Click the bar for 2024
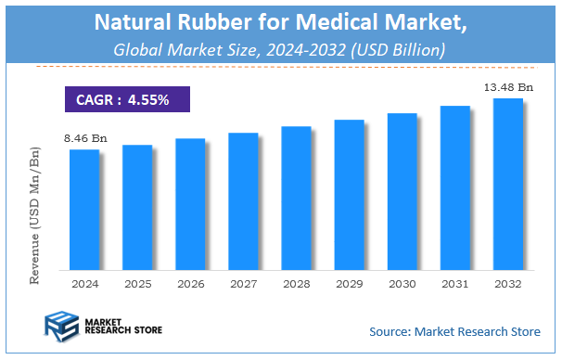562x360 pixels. click(83, 209)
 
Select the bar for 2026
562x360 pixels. click(190, 203)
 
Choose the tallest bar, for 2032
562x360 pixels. click(507, 183)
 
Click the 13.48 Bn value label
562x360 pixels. click(507, 86)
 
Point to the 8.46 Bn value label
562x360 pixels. click(85, 138)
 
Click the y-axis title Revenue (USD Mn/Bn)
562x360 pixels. click(35, 212)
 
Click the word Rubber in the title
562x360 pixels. click(209, 20)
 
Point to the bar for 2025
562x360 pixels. click(137, 206)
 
